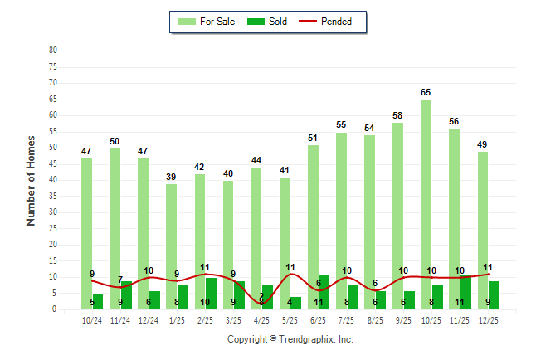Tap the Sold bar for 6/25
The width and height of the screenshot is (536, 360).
[324, 292]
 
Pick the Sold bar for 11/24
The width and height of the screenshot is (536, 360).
[126, 295]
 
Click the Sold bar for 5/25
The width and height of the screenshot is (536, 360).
[295, 303]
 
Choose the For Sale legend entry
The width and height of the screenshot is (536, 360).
[207, 22]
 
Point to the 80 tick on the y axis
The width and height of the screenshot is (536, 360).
[53, 51]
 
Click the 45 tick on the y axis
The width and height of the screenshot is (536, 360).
[53, 163]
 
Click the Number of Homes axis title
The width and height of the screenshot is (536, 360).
[31, 180]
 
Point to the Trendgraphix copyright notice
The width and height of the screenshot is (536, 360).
[290, 339]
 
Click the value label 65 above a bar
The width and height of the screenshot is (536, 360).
[426, 92]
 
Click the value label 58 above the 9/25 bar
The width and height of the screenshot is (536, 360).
[397, 115]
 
